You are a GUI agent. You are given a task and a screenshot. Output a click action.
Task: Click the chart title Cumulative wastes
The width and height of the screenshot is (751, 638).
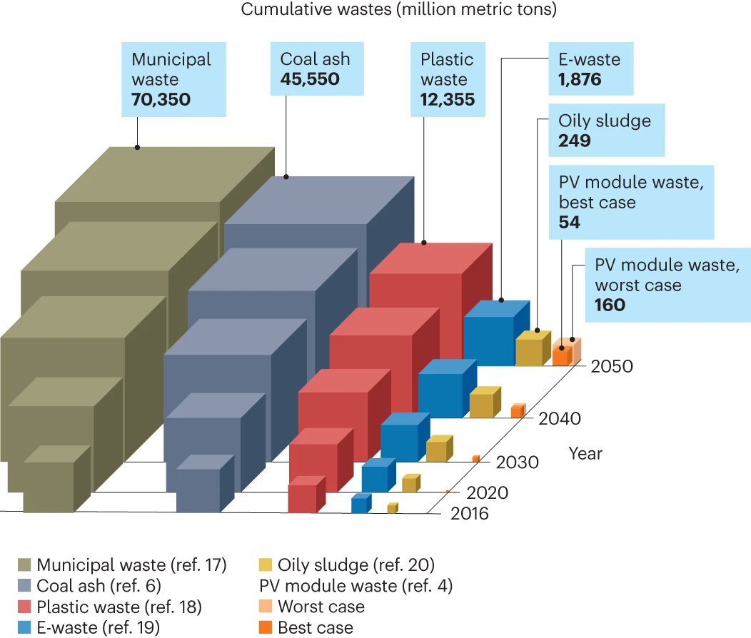398,10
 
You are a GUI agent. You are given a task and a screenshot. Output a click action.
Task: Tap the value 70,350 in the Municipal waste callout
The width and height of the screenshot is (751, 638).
161,99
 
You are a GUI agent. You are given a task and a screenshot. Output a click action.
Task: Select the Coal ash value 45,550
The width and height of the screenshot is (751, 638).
309,79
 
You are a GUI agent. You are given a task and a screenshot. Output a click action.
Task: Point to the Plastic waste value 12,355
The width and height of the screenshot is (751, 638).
448,99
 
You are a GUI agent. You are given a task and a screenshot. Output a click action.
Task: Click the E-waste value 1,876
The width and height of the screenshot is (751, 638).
580,79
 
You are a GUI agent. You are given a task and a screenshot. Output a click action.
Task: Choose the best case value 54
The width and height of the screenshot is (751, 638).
569,223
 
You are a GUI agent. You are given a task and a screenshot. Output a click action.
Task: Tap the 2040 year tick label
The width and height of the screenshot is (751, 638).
558,418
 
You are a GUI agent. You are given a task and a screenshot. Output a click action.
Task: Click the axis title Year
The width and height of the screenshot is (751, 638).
585,453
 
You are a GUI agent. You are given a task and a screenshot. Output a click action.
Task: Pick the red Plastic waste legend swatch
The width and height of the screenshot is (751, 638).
24,607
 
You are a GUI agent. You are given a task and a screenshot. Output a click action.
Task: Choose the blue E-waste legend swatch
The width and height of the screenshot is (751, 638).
24,628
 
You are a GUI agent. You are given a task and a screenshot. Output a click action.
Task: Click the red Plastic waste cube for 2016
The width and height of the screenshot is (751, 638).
303,498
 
